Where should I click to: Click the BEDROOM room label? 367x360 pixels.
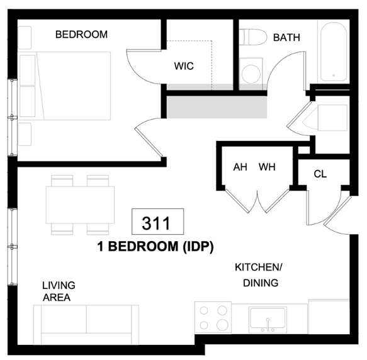81,35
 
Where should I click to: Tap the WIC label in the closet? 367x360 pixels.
184,66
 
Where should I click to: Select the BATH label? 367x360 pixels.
286,38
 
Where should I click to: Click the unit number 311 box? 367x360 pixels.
157,222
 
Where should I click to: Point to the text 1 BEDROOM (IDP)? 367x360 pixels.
155,247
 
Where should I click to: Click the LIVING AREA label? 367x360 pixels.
59,291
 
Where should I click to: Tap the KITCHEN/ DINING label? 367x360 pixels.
259,275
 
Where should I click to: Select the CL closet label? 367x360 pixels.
320,174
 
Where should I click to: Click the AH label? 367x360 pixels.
240,167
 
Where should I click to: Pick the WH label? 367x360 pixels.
267,167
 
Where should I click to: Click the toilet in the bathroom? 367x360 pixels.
253,37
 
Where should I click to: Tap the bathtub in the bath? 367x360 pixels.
334,52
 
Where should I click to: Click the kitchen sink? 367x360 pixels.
268,320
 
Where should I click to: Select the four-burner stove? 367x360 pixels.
213,318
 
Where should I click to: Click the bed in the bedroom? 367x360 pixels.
65,86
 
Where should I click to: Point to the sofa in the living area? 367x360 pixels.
86,325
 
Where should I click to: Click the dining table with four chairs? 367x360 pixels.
80,205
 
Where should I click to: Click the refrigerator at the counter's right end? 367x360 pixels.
329,317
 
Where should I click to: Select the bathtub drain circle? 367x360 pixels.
334,75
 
